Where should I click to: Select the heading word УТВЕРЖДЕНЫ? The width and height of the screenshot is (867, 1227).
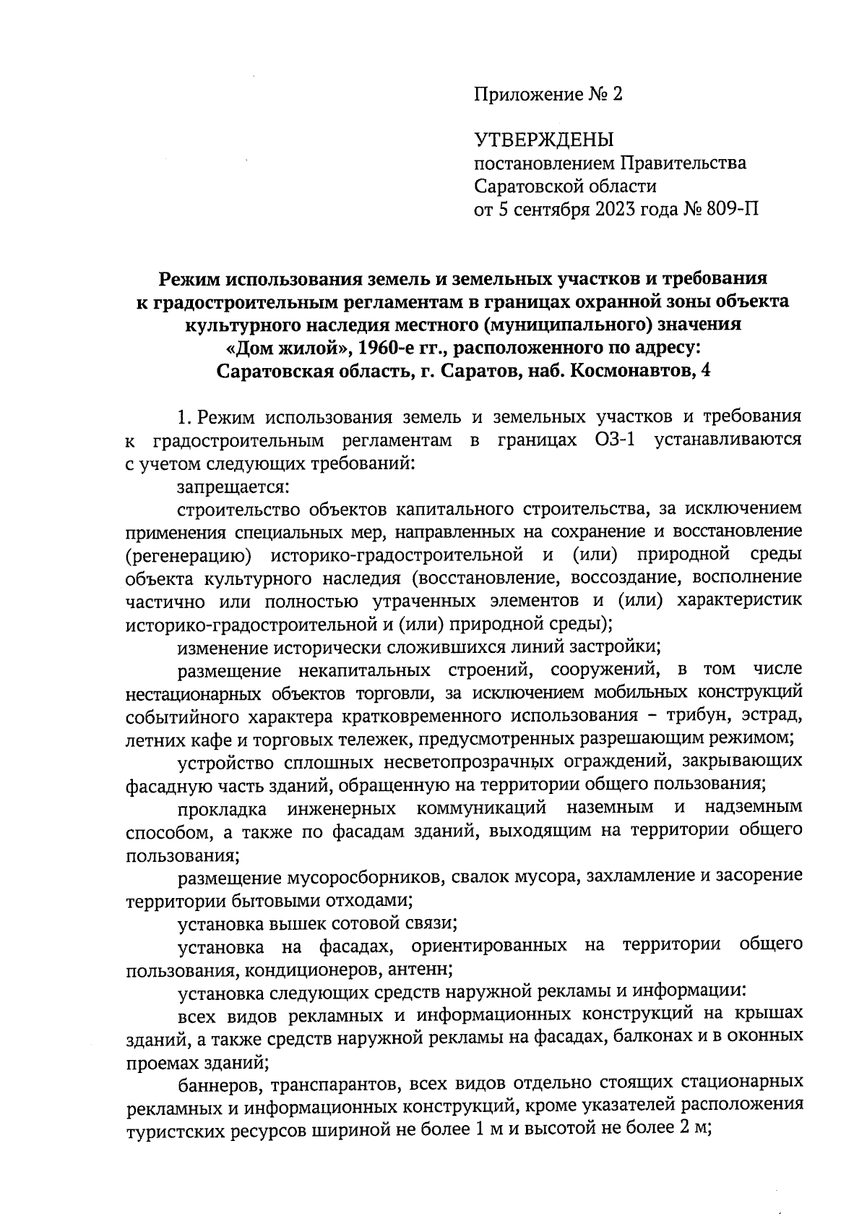(543, 140)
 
